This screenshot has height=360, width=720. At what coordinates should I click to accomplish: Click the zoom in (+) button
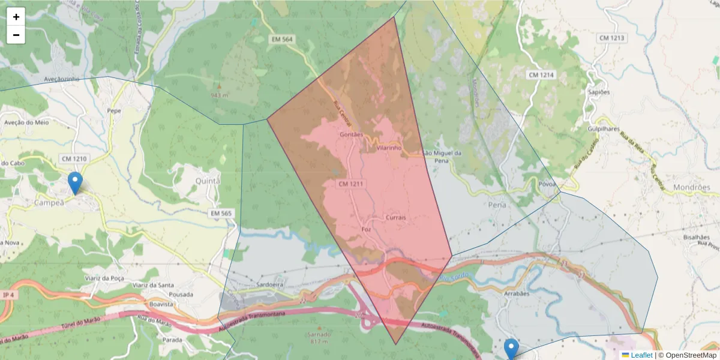16,17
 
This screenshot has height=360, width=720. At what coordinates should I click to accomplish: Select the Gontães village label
351,135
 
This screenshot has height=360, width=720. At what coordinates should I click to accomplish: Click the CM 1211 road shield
351,183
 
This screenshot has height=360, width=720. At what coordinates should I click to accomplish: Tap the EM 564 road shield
281,39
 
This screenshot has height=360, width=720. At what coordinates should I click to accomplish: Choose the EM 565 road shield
221,213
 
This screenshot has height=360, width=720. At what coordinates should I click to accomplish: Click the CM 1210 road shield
74,158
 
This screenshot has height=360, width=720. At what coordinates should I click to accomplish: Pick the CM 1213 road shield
611,38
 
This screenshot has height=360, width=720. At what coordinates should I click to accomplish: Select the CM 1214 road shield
542,75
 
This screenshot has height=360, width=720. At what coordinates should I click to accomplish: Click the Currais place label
397,217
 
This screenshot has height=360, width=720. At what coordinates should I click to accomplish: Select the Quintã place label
208,181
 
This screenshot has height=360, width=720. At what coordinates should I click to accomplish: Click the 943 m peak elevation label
220,95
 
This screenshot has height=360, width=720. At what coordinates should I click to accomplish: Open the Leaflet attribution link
641,355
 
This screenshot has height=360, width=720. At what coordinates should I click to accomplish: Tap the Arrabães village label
517,294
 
